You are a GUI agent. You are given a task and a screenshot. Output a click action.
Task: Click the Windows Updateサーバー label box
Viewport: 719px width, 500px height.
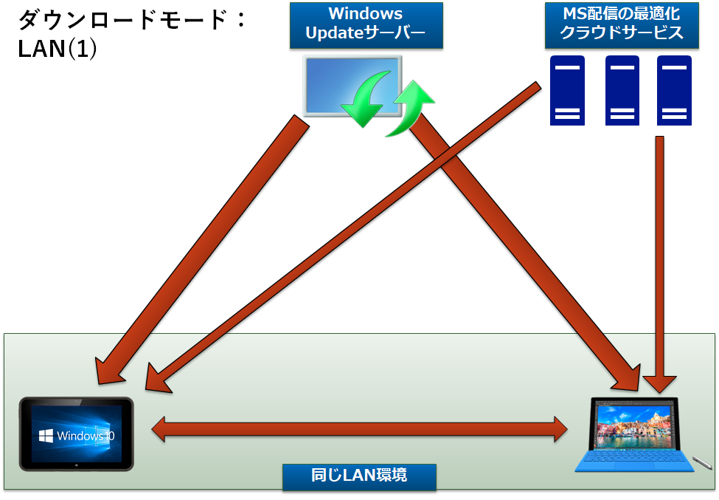tap(366, 24)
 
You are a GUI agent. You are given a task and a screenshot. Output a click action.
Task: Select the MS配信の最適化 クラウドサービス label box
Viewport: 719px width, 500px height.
tap(622, 24)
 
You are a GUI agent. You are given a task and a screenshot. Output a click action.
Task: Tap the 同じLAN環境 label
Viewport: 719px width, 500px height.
tap(358, 476)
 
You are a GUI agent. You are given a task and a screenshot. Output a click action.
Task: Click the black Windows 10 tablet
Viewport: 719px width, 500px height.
tap(77, 434)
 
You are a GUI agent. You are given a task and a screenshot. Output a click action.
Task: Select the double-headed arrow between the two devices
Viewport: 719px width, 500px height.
tap(360, 429)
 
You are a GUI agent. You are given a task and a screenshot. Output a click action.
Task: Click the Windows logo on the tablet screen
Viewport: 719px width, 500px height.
tap(45, 434)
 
